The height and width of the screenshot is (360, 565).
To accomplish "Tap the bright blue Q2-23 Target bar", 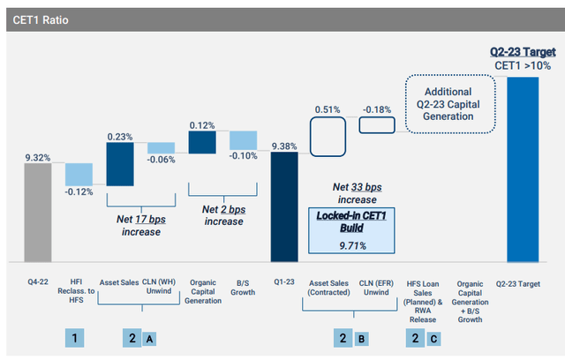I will tap(527, 169).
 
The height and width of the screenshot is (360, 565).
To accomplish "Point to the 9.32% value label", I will tap(39, 157).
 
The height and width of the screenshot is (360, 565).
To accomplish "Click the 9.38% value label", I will tap(284, 146).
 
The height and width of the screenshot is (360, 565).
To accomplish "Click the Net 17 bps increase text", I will tap(132, 224).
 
